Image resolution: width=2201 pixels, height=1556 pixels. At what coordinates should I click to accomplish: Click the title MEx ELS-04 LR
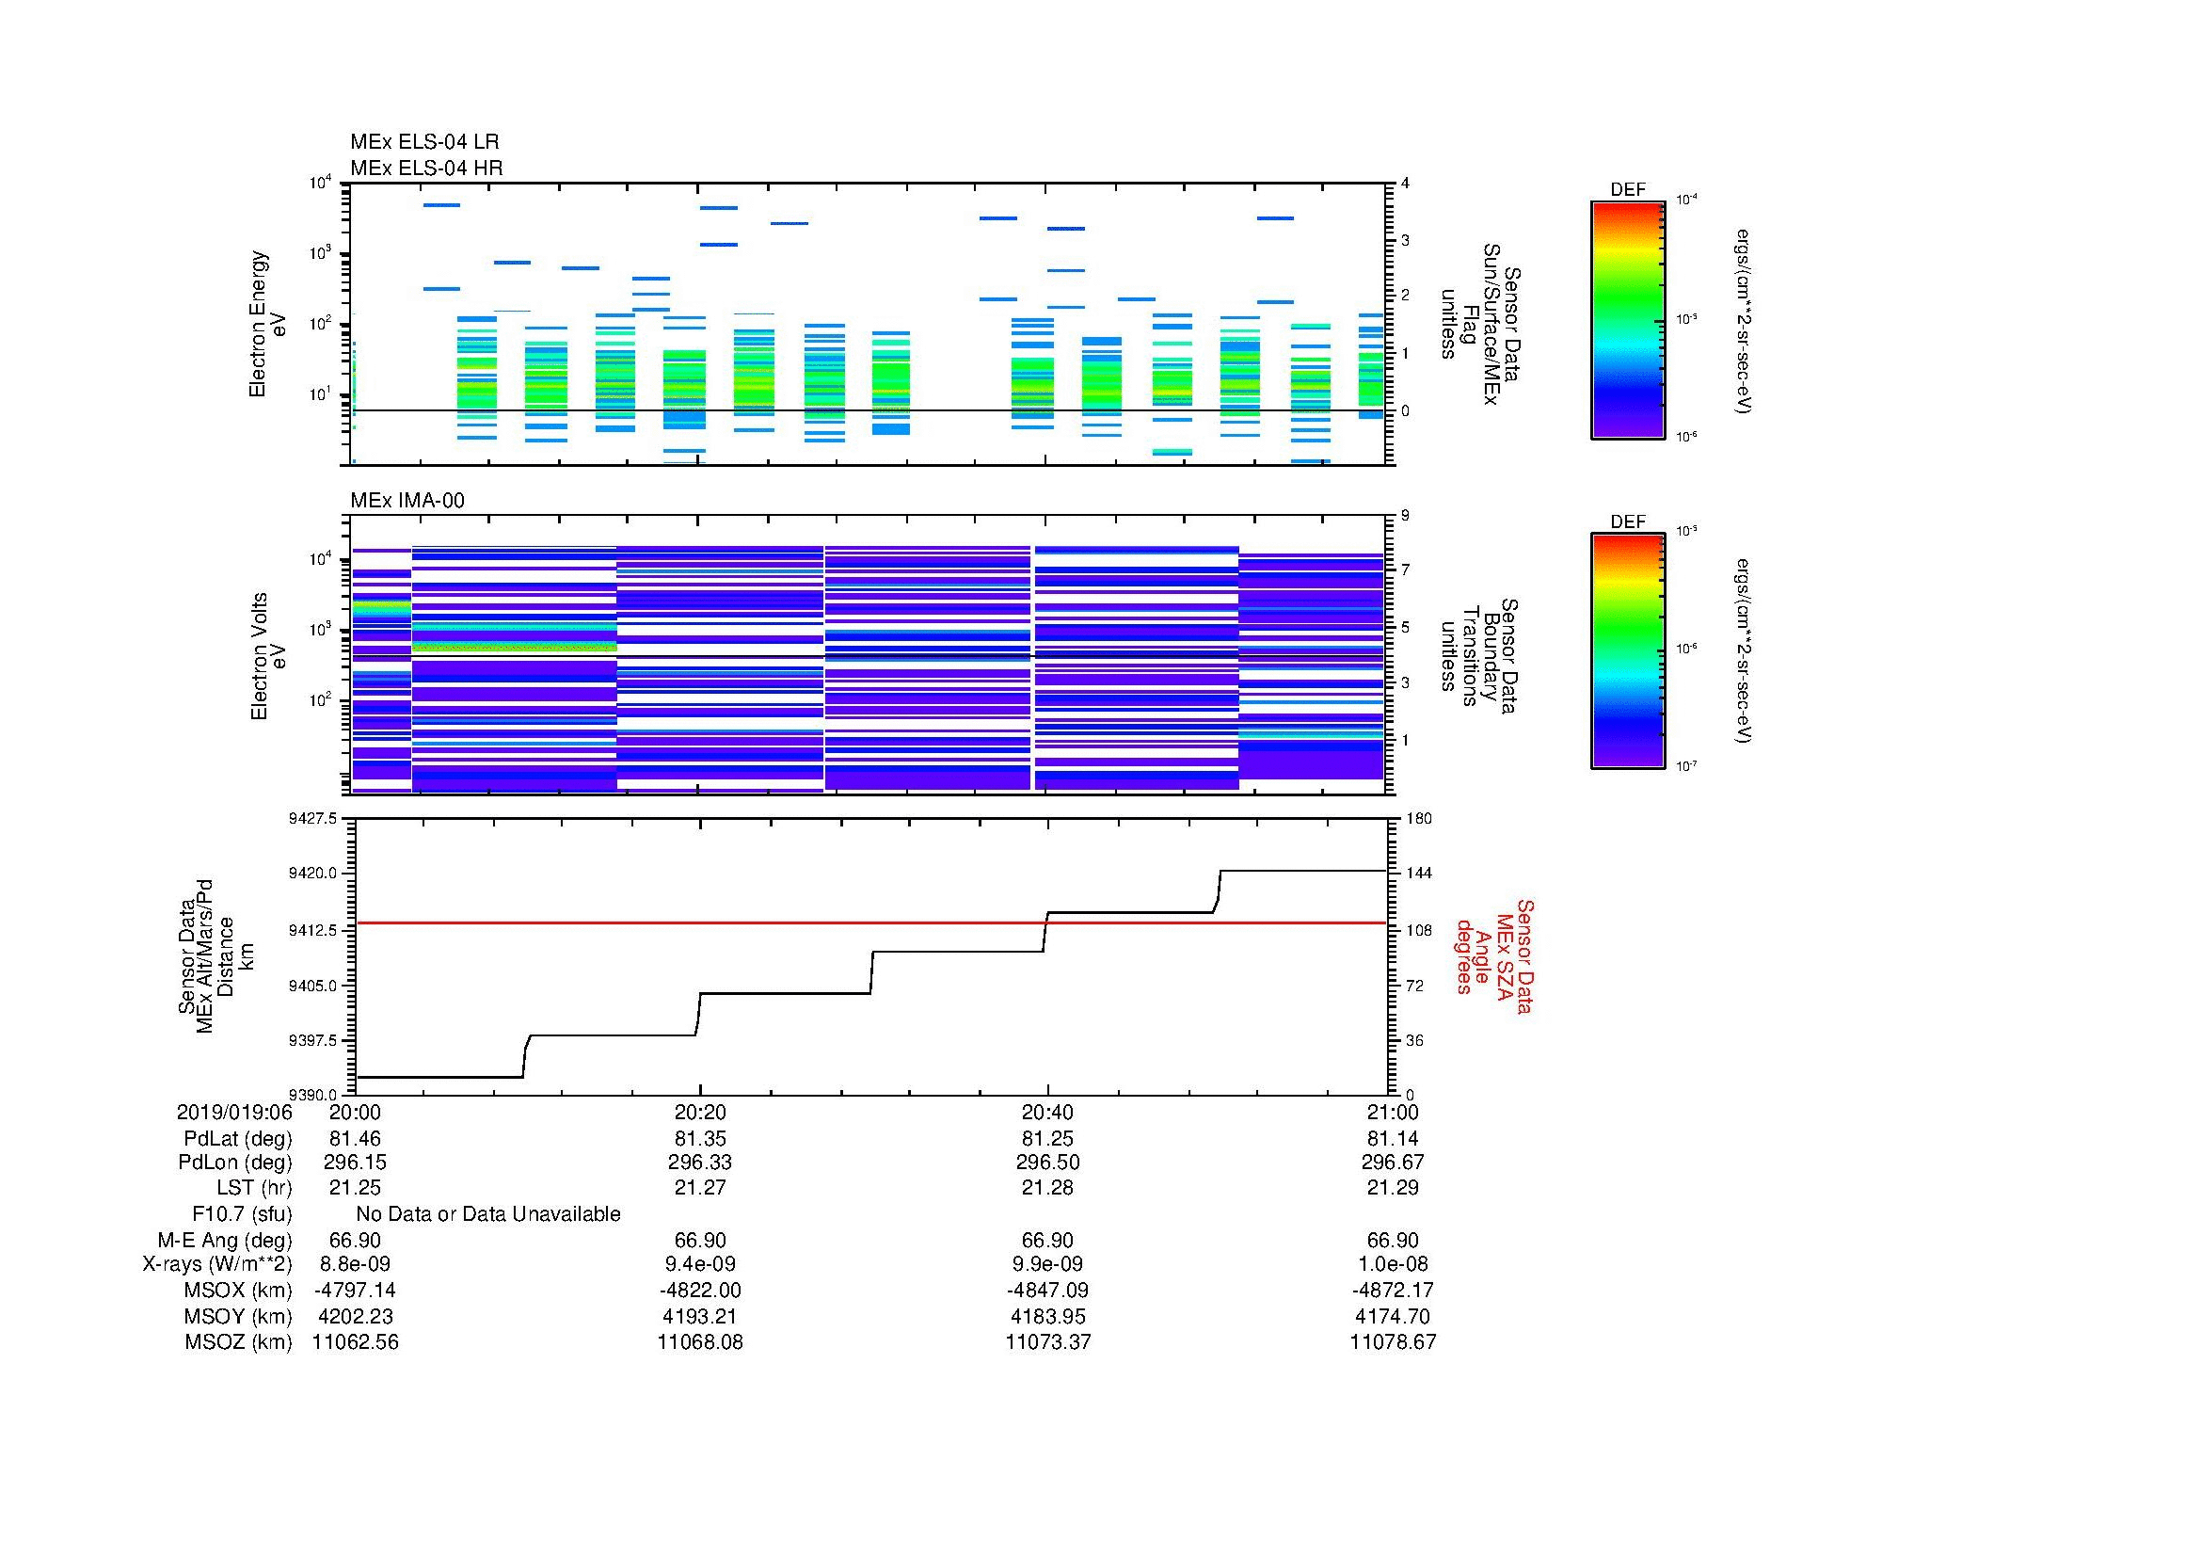423,142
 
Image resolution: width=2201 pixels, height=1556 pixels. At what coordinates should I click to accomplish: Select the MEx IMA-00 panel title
407,501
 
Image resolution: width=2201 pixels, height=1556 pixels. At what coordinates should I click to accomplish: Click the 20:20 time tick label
700,1112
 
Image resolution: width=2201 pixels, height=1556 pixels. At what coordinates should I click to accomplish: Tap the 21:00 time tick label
1393,1112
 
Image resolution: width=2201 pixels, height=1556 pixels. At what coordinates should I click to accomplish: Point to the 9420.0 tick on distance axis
314,874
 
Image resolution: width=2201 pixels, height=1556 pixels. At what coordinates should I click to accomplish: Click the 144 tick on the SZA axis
1418,874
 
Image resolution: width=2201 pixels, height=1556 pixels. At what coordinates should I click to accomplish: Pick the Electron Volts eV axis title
268,656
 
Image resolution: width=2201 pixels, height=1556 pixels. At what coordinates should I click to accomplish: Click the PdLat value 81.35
700,1139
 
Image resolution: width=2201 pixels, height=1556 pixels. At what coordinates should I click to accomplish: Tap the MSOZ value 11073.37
1047,1342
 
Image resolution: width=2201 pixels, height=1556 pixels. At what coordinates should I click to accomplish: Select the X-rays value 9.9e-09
1047,1264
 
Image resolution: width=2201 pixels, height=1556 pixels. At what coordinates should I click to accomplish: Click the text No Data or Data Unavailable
488,1214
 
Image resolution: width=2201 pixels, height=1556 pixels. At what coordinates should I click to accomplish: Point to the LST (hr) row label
253,1188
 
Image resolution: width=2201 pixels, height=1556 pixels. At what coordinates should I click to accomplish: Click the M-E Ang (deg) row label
225,1241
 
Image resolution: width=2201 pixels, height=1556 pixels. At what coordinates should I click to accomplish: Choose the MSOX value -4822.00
700,1291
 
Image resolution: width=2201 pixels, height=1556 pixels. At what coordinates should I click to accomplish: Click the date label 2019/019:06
234,1112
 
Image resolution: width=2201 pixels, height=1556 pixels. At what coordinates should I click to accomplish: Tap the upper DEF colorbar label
1627,190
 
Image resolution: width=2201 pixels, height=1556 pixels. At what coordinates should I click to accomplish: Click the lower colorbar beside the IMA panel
1627,652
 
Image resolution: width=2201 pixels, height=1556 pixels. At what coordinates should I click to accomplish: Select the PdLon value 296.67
1393,1162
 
